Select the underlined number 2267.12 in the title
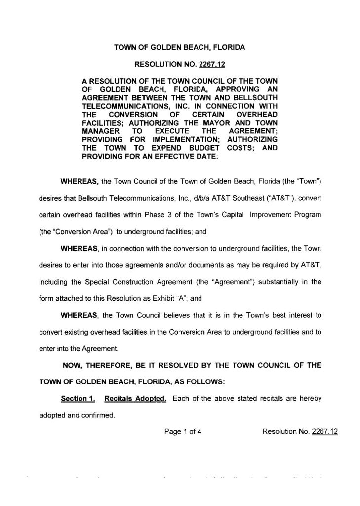point(212,64)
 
